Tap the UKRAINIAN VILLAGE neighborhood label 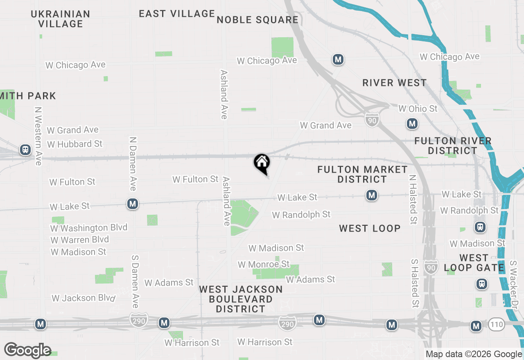[x=61, y=19]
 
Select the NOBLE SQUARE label [x=257, y=20]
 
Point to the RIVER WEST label [x=395, y=83]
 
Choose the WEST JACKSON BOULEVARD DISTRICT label [x=241, y=299]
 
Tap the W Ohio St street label [x=418, y=109]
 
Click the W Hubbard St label [x=75, y=144]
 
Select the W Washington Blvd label [x=89, y=228]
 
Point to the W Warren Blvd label [x=80, y=240]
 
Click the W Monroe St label [x=264, y=264]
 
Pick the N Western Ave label [x=38, y=136]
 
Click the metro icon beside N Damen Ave [x=132, y=204]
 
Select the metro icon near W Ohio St [x=412, y=124]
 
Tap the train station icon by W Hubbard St [x=25, y=150]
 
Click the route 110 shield [x=496, y=325]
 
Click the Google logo [x=28, y=350]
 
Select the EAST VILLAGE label [x=177, y=14]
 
